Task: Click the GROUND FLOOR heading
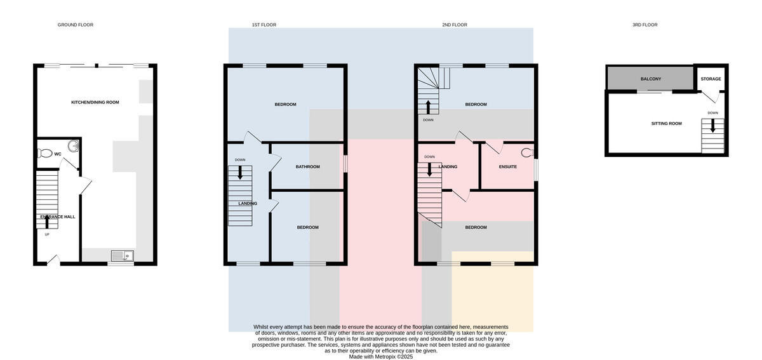75,25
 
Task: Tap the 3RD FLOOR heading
645,25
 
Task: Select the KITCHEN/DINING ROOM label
95,102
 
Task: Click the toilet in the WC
44,153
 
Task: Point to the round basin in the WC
74,146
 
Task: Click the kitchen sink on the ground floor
123,255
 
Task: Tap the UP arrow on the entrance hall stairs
47,222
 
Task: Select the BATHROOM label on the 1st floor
307,167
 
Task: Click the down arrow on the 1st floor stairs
240,173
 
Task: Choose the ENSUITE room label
507,167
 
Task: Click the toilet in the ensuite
527,153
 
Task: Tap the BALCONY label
651,79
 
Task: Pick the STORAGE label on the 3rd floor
711,79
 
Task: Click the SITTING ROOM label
666,124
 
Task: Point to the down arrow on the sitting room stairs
712,126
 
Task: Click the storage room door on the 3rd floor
711,97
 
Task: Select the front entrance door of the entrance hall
53,259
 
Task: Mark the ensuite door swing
493,147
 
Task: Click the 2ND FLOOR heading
455,25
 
